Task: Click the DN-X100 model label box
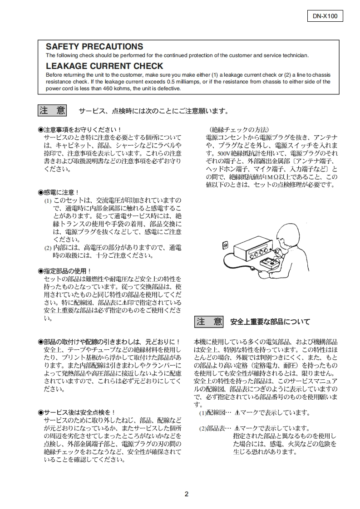pyautogui.click(x=325, y=16)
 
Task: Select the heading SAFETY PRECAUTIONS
pyautogui.click(x=94, y=47)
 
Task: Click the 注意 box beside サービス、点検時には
pyautogui.click(x=52, y=110)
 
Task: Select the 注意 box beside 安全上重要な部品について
pyautogui.click(x=209, y=322)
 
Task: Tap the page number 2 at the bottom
pyautogui.click(x=186, y=494)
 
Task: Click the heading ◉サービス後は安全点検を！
pyautogui.click(x=76, y=412)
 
